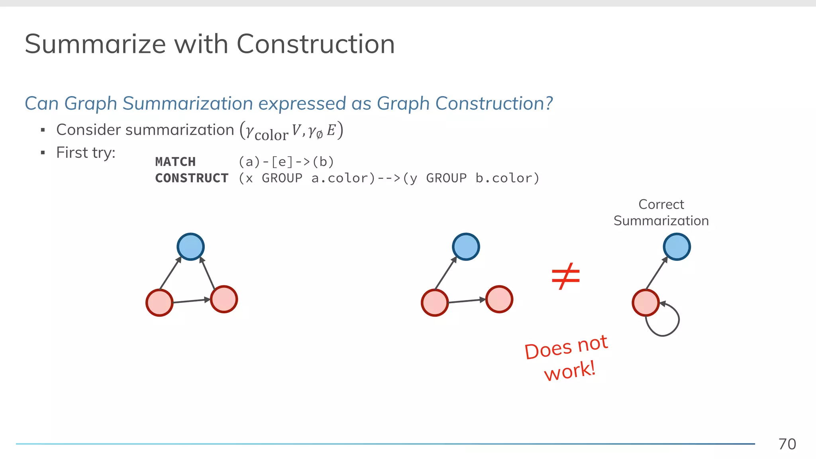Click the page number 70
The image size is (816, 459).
(x=787, y=444)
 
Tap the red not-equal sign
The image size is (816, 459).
(x=565, y=276)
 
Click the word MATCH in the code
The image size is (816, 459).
(x=175, y=162)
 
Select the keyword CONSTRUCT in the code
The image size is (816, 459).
(x=192, y=178)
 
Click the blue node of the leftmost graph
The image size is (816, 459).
(x=190, y=247)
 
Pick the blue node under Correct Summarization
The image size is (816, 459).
(x=677, y=247)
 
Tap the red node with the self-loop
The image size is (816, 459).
(x=645, y=303)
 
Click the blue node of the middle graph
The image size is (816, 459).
(x=466, y=247)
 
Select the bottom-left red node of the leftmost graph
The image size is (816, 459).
(x=159, y=303)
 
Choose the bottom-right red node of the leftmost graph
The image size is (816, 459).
(x=224, y=299)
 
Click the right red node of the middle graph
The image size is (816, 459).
(x=499, y=299)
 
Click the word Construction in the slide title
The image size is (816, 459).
(x=316, y=44)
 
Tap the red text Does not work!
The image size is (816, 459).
(x=567, y=358)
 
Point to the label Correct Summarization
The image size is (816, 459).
(x=661, y=212)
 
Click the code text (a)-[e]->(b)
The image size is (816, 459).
(x=286, y=162)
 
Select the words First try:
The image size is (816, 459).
(x=86, y=153)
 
